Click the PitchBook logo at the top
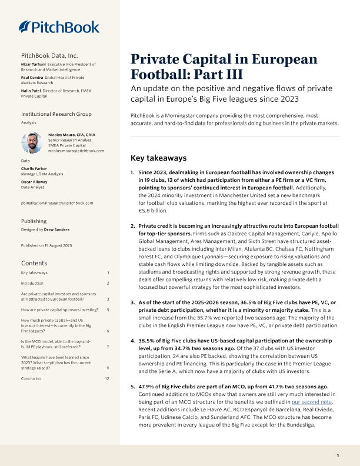[59, 26]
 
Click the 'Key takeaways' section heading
[158, 158]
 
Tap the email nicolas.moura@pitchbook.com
[76, 151]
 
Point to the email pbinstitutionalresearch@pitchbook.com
[57, 203]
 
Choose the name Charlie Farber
[34, 168]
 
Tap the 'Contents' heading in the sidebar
[34, 263]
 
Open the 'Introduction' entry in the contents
[35, 284]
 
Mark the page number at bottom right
[338, 456]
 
